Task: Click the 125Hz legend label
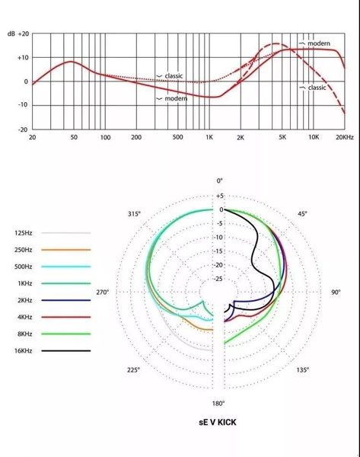coord(24,233)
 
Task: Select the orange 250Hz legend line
coord(65,250)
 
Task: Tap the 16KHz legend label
coord(24,350)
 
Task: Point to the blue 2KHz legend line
coord(65,300)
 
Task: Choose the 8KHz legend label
coord(25,334)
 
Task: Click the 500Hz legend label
coord(24,267)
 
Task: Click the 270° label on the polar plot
coord(103,292)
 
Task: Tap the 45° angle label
coord(302,214)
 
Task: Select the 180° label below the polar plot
coord(218,404)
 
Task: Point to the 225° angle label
coord(133,370)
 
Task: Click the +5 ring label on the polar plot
coord(220,196)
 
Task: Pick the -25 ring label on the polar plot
coord(218,279)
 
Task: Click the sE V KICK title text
coord(218,422)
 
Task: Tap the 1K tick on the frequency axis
coord(209,137)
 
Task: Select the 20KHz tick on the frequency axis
coord(345,137)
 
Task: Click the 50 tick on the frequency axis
coord(74,137)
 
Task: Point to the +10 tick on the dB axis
coord(23,58)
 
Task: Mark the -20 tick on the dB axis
coord(23,129)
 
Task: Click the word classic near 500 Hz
coord(174,76)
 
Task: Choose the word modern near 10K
coord(319,43)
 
